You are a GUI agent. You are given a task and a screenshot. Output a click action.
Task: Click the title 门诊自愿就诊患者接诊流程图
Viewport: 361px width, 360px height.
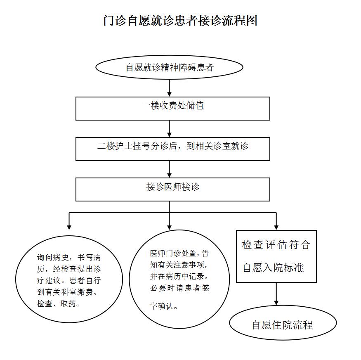(180, 21)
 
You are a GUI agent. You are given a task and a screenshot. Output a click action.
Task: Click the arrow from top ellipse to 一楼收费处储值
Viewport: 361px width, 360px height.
(170, 88)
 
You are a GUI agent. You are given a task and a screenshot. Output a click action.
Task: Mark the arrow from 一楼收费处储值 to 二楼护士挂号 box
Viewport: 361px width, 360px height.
(170, 129)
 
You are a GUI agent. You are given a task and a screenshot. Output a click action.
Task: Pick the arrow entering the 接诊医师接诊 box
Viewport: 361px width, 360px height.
(170, 169)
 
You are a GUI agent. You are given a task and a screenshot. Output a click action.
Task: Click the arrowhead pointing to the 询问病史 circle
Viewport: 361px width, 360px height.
(69, 227)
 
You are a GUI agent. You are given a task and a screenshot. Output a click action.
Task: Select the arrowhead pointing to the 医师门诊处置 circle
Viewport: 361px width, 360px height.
(170, 227)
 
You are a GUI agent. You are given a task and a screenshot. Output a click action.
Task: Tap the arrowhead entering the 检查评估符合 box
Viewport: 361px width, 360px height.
(276, 227)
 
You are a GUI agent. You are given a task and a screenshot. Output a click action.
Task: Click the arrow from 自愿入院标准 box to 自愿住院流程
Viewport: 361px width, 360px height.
(276, 294)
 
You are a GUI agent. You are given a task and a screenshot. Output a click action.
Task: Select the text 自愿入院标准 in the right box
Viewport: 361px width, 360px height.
(273, 268)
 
